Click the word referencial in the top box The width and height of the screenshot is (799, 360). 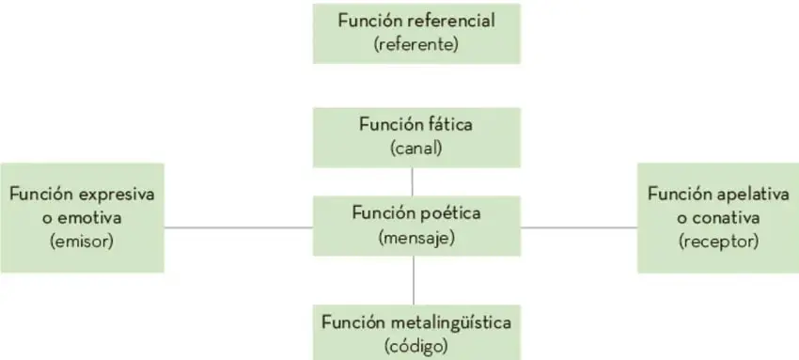[450, 21]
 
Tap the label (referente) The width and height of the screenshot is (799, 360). [416, 45]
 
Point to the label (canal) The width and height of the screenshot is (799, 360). [416, 149]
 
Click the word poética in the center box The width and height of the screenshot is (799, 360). [446, 212]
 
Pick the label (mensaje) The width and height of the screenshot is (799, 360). [416, 238]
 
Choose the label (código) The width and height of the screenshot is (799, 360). [416, 347]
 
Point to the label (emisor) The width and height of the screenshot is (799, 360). [82, 242]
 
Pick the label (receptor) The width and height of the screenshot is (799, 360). [718, 242]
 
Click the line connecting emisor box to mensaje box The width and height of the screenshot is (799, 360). [239, 227]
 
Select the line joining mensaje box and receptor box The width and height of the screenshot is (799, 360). [579, 227]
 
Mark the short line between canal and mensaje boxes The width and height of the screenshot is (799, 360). [412, 181]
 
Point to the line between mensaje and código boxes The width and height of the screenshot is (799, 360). [414, 280]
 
